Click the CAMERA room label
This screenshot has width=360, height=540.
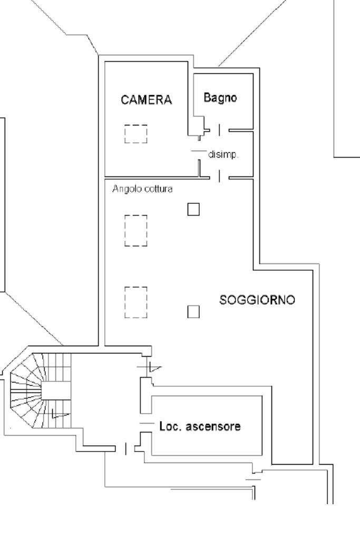coord(147,101)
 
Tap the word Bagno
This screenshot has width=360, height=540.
coord(220,97)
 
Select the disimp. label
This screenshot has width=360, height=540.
coord(224,155)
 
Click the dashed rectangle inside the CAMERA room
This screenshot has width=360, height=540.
coord(135,134)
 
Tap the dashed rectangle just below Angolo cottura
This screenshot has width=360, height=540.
coord(135,230)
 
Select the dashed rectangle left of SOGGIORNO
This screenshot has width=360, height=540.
coord(135,302)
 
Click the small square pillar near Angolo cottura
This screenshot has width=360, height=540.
coord(194,209)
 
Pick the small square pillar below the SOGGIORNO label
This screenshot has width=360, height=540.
coord(194,312)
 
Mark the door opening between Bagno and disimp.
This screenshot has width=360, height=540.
coord(220,130)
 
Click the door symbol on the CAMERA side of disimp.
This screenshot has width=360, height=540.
coord(198,152)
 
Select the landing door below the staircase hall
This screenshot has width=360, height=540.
coord(125,448)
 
